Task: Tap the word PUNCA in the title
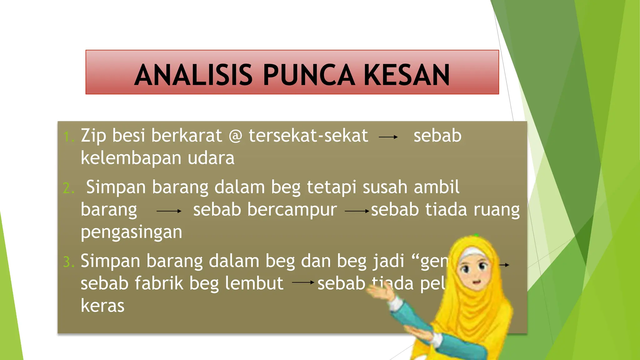(309, 75)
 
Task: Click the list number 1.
(68, 137)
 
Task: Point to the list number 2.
(68, 188)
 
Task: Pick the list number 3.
(68, 262)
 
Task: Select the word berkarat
(187, 136)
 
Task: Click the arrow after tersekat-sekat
(388, 137)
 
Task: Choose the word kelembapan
(131, 158)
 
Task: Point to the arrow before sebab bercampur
(169, 211)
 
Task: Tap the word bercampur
(292, 209)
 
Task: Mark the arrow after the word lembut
(303, 282)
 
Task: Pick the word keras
(102, 306)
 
